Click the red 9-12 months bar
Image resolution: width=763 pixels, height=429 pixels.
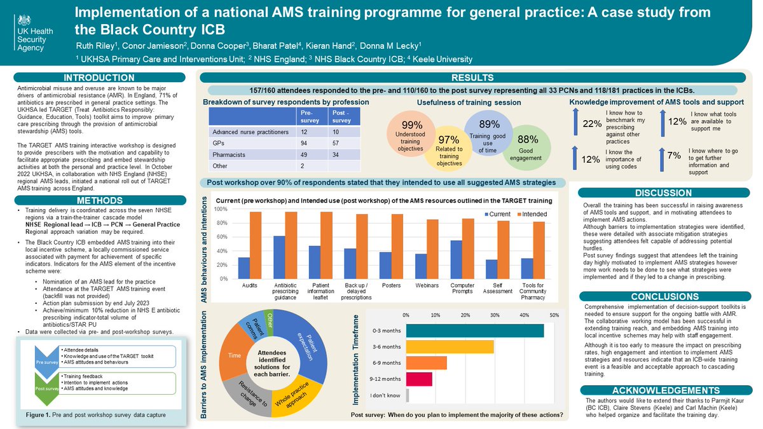tap(420, 379)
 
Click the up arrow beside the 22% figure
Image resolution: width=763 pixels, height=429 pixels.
tap(576, 122)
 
